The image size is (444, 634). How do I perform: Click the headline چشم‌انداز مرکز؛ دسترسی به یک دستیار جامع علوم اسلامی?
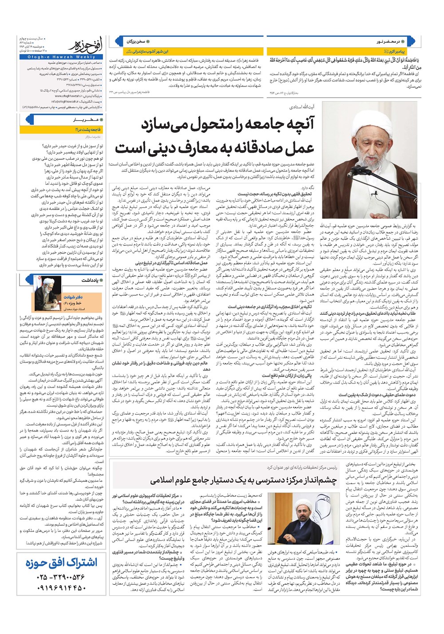[244, 480]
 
